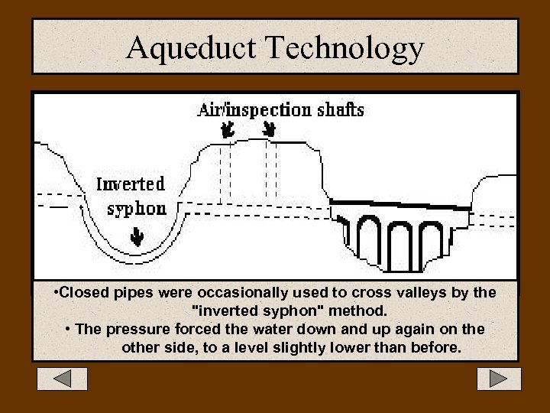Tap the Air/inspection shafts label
[280, 109]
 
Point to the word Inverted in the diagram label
[131, 184]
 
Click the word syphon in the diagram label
[137, 209]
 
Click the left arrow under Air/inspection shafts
[226, 131]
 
